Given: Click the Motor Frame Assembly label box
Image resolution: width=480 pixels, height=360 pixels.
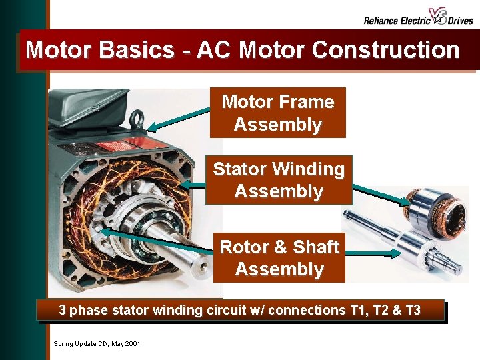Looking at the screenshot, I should click(277, 113).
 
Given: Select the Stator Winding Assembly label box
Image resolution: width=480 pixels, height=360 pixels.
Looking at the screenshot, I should click(279, 180).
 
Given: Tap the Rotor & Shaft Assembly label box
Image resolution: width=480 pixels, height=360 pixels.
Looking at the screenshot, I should click(279, 257).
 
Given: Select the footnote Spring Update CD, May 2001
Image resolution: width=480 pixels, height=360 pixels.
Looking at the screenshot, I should click(97, 343).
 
